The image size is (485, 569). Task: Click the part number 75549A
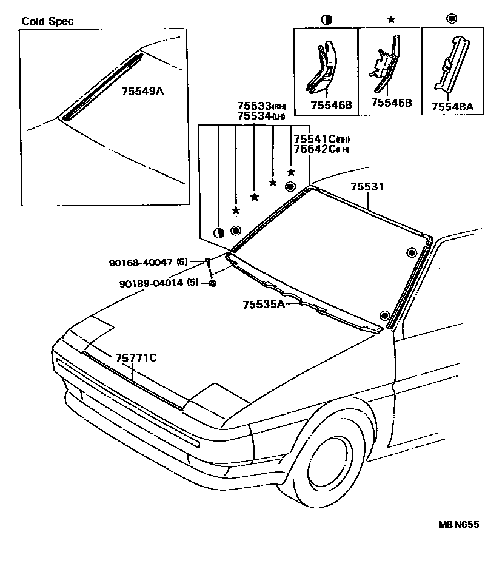click(142, 92)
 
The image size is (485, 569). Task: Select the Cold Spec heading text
click(48, 21)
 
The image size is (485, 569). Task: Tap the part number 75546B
click(331, 105)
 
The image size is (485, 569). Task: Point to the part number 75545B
click(391, 103)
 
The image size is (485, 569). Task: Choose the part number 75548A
click(452, 106)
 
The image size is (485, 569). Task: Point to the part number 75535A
click(264, 304)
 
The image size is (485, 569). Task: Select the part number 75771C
click(136, 358)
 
